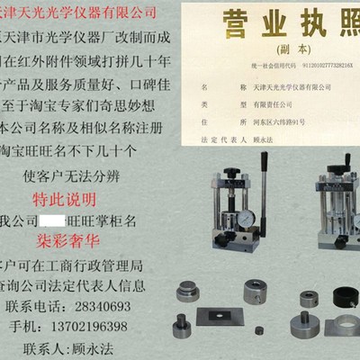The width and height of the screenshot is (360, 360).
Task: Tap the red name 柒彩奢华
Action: click(x=70, y=241)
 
